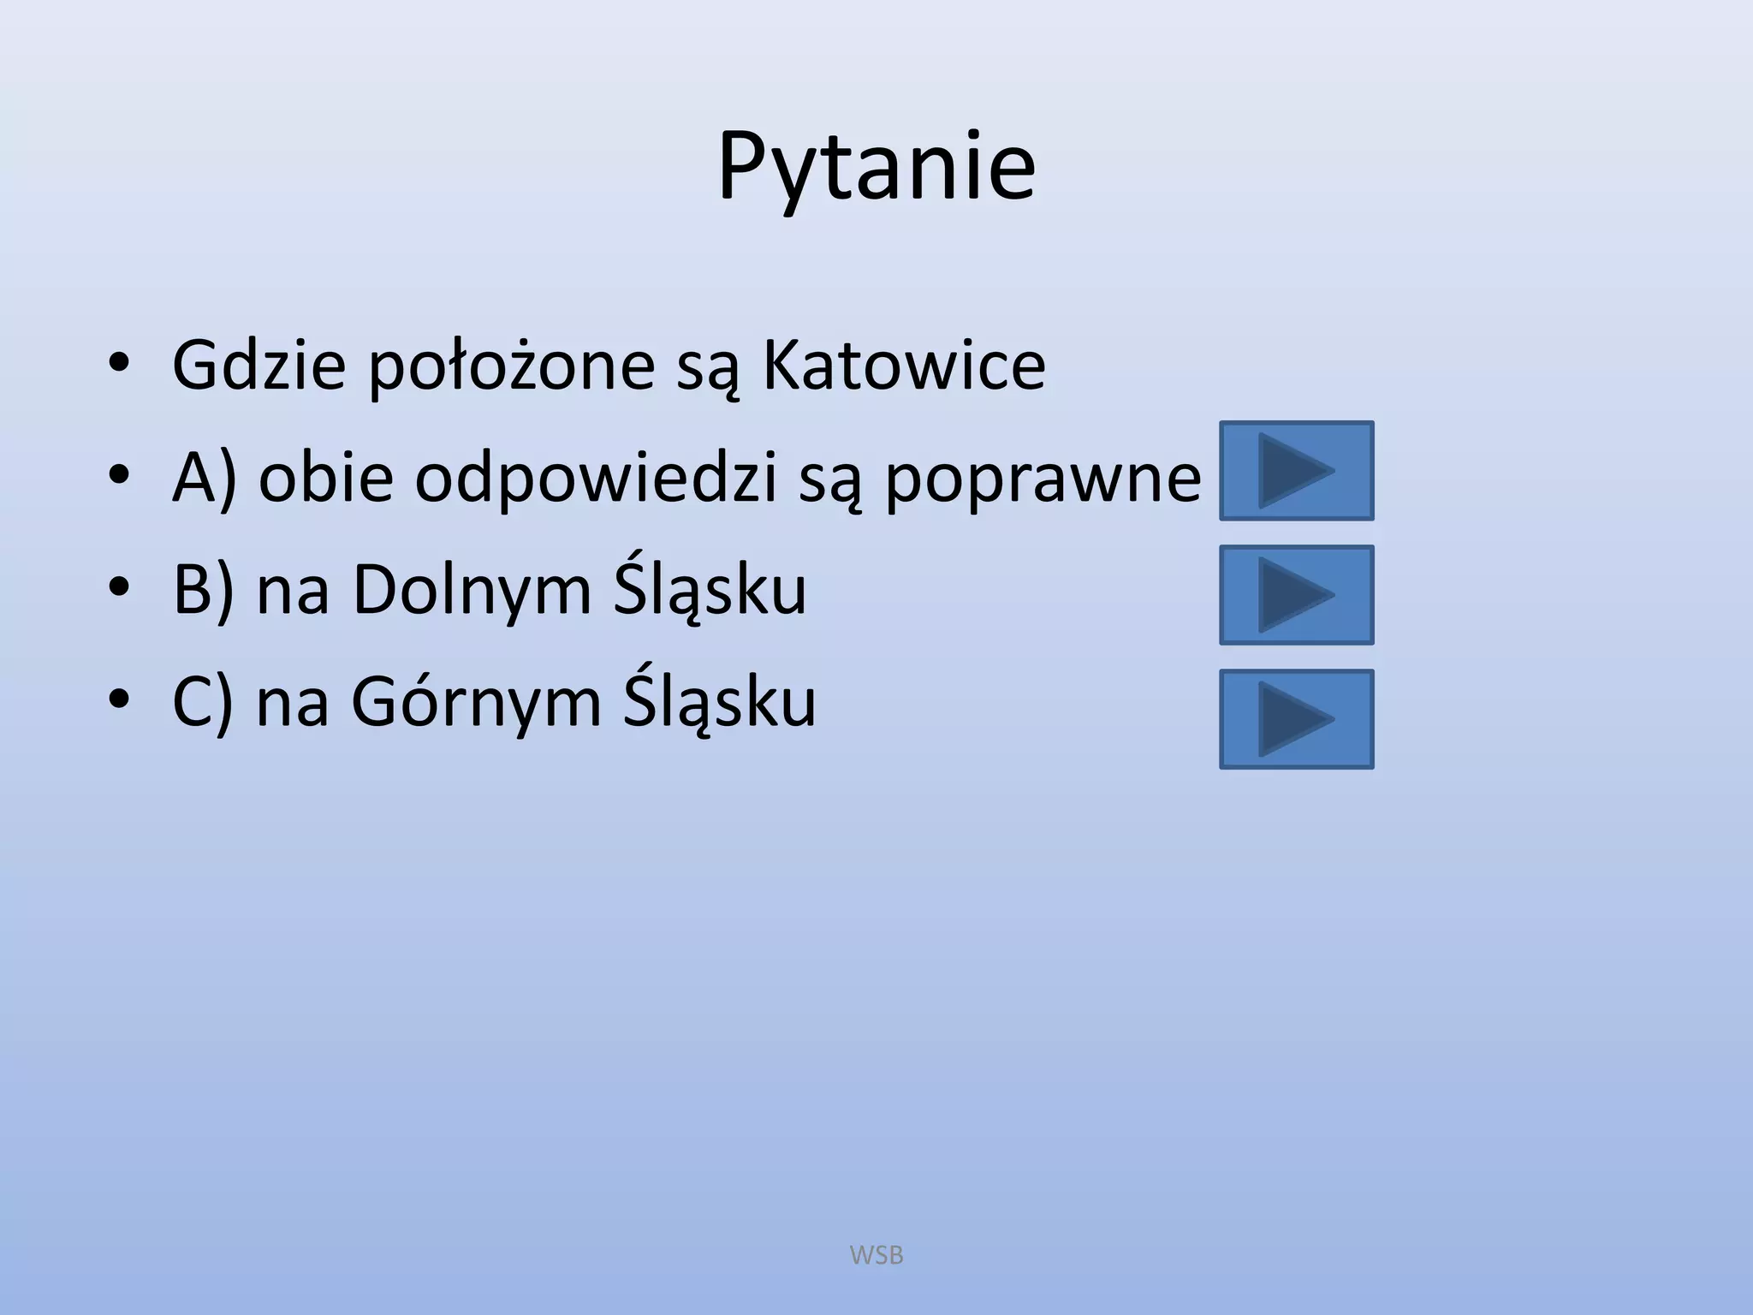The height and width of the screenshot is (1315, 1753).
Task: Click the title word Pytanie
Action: click(876, 167)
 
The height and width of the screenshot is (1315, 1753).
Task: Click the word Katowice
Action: click(903, 366)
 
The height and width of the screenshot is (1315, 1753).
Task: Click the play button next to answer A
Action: click(1296, 471)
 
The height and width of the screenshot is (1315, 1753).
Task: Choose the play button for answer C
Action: click(1296, 719)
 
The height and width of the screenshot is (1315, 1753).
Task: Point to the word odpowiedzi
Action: click(597, 478)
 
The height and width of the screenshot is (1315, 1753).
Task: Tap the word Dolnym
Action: click(472, 591)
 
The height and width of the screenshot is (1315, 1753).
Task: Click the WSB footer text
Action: click(876, 1255)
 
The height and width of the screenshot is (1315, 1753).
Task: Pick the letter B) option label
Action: click(203, 591)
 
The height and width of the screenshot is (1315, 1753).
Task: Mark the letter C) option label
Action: click(203, 703)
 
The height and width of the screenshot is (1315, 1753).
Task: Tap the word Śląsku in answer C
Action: click(719, 702)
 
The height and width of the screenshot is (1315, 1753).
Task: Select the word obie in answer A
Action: click(326, 478)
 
